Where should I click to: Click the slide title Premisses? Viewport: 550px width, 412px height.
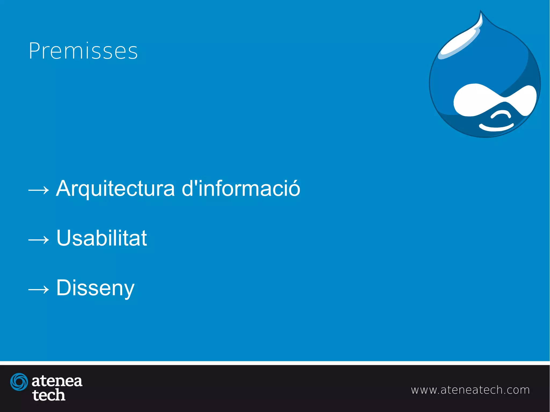pyautogui.click(x=83, y=51)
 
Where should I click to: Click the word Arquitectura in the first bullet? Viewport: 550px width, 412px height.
pyautogui.click(x=115, y=189)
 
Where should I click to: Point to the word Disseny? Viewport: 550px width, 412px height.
pyautogui.click(x=95, y=288)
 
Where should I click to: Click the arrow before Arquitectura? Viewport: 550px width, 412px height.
pyautogui.click(x=39, y=190)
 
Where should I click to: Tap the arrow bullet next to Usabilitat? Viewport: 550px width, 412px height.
pyautogui.click(x=39, y=240)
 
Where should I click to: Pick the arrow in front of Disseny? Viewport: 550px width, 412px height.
pyautogui.click(x=39, y=289)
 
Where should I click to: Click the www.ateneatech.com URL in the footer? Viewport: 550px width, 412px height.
pyautogui.click(x=470, y=390)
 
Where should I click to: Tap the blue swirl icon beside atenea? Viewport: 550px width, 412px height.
pyautogui.click(x=19, y=382)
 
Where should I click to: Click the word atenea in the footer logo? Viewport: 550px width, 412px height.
pyautogui.click(x=57, y=381)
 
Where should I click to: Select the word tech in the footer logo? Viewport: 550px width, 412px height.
pyautogui.click(x=49, y=395)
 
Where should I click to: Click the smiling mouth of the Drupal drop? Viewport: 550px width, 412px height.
pyautogui.click(x=496, y=127)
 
